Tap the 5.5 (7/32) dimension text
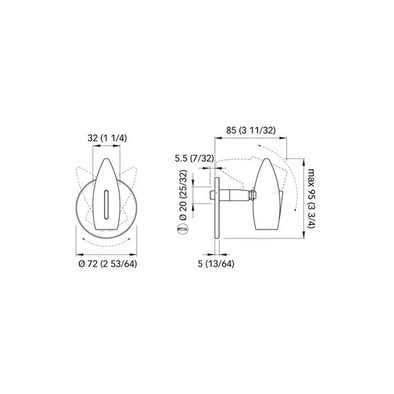pos(194,159)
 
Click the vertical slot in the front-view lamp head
pos(106,204)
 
